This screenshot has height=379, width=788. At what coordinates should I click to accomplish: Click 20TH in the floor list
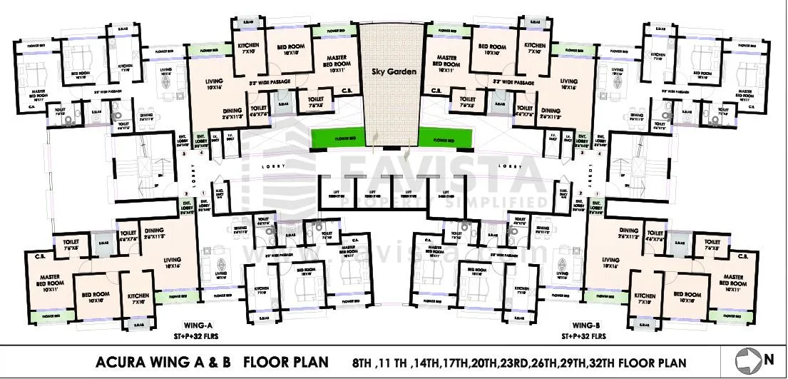(503, 363)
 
